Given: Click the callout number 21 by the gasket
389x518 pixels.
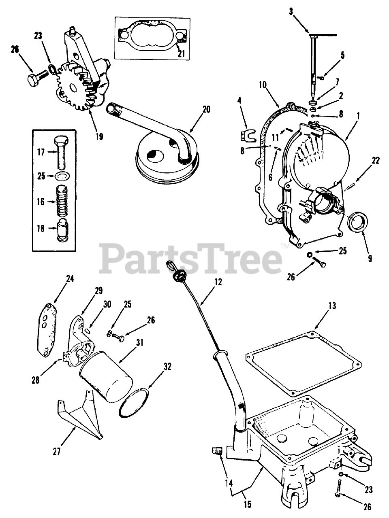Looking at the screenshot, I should coord(180,53).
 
